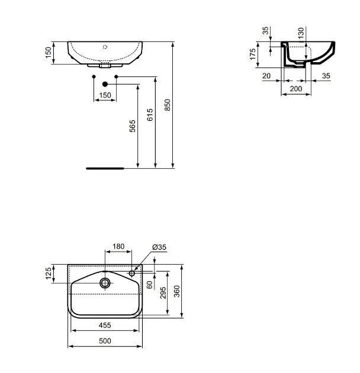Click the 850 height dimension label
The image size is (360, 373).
click(168, 105)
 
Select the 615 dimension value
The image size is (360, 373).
click(150, 115)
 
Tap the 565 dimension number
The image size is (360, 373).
click(132, 126)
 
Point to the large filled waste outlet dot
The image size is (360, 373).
click(105, 84)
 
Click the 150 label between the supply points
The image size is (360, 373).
click(105, 95)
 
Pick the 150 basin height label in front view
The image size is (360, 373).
click(49, 53)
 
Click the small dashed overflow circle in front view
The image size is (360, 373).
click(105, 47)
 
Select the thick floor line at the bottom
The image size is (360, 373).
click(105, 168)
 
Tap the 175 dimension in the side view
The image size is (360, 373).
click(252, 54)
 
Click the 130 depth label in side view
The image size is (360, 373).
click(301, 33)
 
